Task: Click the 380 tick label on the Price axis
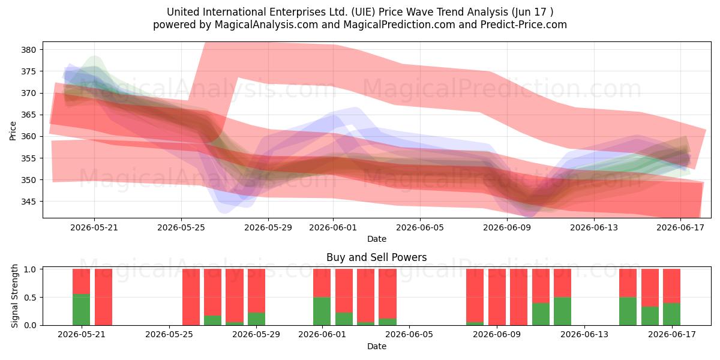click(x=29, y=50)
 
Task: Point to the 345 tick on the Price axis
click(x=29, y=202)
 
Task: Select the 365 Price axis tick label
click(x=29, y=115)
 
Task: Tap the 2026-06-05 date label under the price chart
click(x=420, y=227)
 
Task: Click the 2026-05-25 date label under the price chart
click(x=181, y=227)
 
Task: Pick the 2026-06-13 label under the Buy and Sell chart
click(x=584, y=334)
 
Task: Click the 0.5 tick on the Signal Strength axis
click(x=30, y=298)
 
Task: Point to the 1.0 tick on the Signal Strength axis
click(x=30, y=269)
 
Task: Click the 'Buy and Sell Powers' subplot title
click(x=376, y=257)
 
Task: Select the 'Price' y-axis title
click(x=13, y=131)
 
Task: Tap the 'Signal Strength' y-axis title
click(x=14, y=296)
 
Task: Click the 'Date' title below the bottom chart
click(x=377, y=346)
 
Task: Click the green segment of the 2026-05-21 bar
click(x=82, y=310)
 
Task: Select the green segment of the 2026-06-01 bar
click(x=322, y=311)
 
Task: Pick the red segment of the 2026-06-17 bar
click(x=671, y=286)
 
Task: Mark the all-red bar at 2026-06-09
click(x=497, y=297)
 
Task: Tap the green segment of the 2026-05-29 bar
click(x=256, y=319)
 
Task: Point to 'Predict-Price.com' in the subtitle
click(x=524, y=25)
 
